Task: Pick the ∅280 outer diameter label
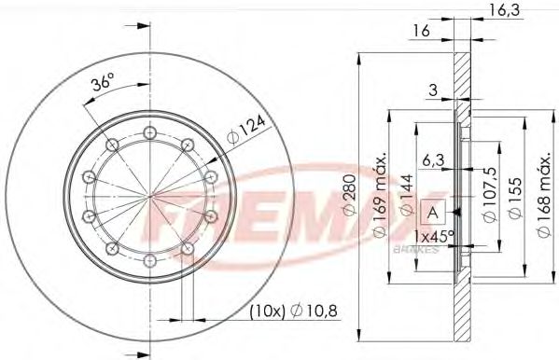(348, 197)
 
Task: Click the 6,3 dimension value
(431, 159)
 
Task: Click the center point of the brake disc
(149, 198)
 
